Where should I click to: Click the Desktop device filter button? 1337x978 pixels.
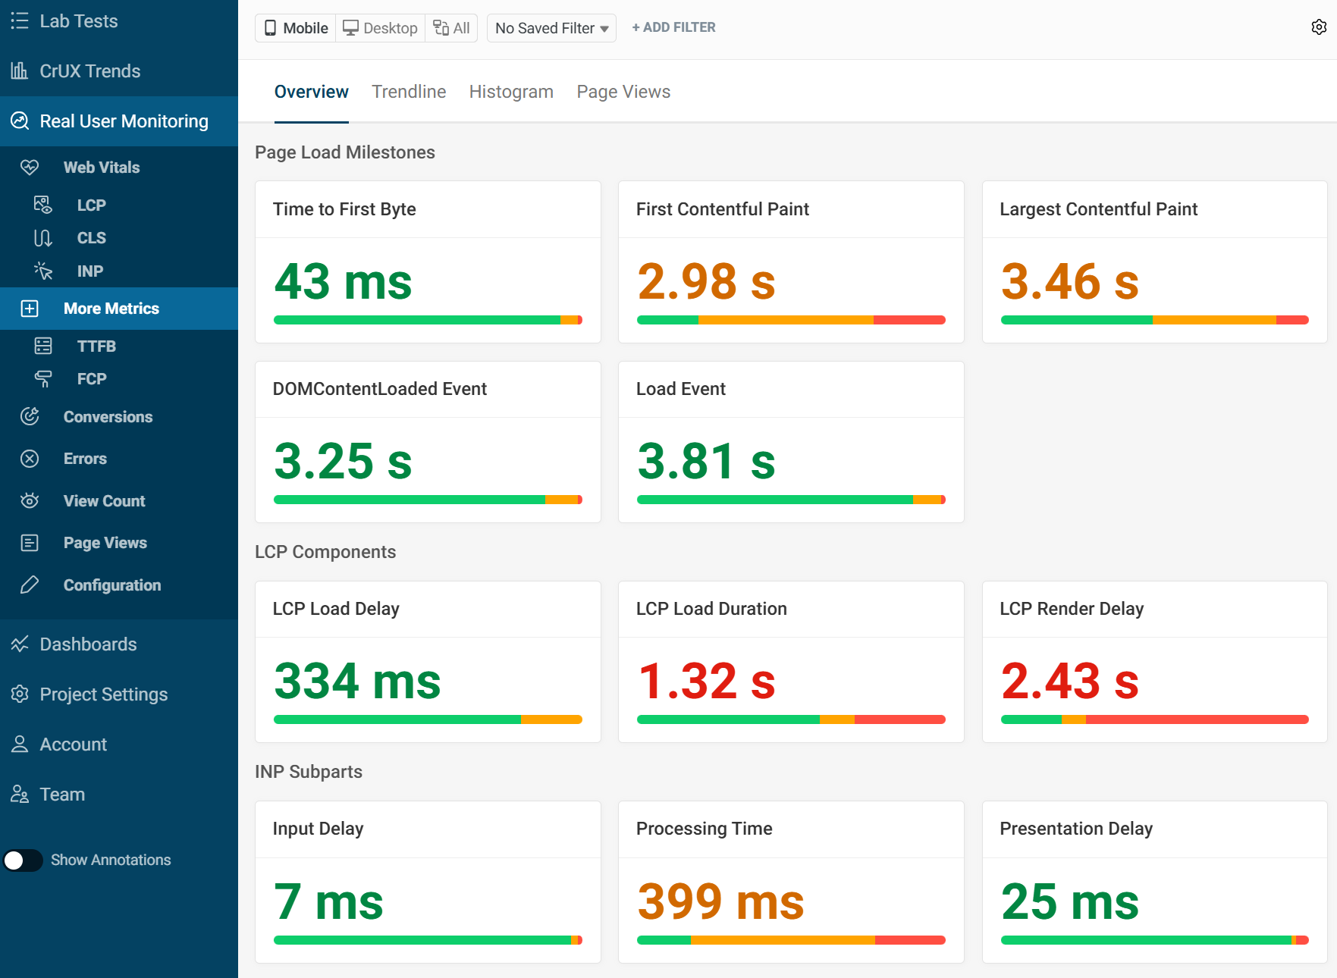pos(381,28)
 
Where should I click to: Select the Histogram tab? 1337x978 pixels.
pos(511,92)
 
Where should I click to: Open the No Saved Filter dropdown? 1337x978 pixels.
pos(551,28)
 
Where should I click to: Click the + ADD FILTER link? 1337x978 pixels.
pos(673,27)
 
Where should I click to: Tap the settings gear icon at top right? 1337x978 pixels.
pos(1319,27)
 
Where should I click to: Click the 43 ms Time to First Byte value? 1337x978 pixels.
pos(343,282)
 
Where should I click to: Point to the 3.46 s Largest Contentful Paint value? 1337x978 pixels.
pos(1069,282)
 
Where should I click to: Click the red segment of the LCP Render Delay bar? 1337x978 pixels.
pos(1197,719)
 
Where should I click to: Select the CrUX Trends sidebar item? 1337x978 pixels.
pos(89,71)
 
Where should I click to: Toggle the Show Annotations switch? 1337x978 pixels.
pos(23,860)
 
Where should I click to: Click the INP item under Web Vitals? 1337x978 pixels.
pos(89,271)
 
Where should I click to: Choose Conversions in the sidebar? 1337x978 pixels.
pos(108,417)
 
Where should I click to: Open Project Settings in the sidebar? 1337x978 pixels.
pos(103,694)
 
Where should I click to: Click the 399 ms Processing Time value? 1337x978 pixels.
pos(720,902)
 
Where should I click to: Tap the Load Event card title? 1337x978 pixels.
pos(680,389)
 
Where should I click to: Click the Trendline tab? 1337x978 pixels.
pos(409,92)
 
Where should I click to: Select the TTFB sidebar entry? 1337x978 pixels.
pos(96,346)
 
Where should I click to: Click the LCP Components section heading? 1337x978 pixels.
pos(325,552)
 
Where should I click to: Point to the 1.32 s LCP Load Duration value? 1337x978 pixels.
pos(706,682)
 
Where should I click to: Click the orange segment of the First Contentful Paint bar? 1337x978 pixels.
pos(785,320)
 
